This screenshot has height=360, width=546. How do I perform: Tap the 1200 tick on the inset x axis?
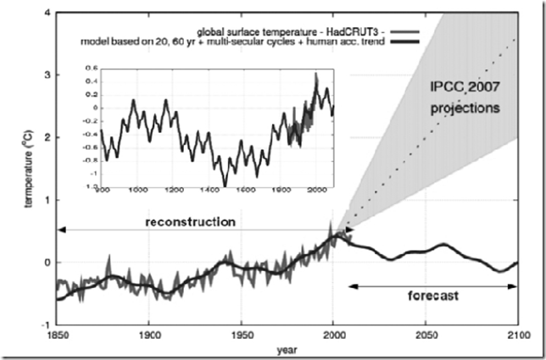point(176,191)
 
